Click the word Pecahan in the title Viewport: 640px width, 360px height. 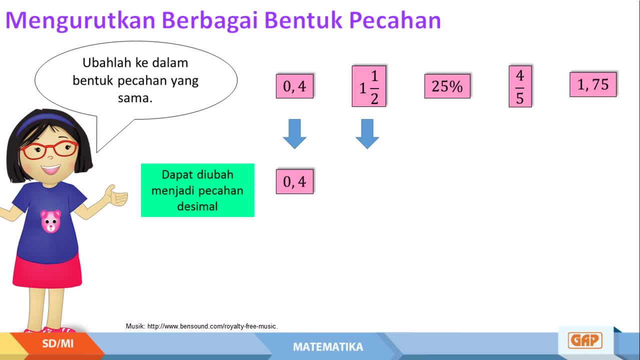click(395, 20)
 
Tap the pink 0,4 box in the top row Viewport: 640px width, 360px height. click(294, 86)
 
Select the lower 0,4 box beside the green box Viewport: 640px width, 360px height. click(294, 181)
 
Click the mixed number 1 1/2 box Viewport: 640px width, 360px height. click(369, 86)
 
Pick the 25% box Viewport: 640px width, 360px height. click(447, 86)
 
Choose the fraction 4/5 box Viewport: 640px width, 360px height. click(520, 86)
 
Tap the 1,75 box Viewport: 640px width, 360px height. click(593, 84)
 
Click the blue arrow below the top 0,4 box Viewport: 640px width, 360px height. click(294, 133)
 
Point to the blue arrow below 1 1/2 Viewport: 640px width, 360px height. click(367, 133)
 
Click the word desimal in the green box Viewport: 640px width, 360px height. click(197, 206)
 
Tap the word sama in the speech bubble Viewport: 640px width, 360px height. click(135, 98)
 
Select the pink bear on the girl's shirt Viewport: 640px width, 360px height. click(50, 221)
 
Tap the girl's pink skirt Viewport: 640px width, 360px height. click(47, 271)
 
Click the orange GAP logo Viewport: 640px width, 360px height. click(585, 340)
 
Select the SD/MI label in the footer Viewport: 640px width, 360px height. click(57, 343)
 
